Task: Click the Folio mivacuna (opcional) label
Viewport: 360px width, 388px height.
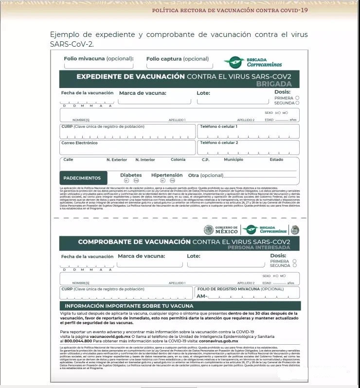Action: (x=98, y=59)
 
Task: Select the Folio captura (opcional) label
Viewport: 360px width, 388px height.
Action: (x=178, y=59)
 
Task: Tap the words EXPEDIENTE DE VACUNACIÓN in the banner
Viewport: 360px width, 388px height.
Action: (x=130, y=76)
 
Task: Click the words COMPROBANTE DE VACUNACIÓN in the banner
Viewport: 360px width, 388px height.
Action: (x=134, y=241)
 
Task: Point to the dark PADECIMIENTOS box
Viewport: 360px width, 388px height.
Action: (x=82, y=178)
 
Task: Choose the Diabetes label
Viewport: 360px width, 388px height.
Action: (x=131, y=175)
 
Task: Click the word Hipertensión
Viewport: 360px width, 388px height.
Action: (x=167, y=175)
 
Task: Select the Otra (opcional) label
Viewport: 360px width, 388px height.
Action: (x=205, y=176)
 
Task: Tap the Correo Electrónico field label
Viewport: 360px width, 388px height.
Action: (x=79, y=143)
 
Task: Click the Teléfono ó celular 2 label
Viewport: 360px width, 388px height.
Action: (x=219, y=143)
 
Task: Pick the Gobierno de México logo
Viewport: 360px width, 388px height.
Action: (x=221, y=229)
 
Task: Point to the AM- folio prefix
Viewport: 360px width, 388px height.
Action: (x=202, y=296)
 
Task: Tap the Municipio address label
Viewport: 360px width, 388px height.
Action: (x=234, y=159)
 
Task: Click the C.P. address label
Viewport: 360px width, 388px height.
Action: (x=205, y=159)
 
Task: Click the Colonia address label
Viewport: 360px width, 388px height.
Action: (x=178, y=159)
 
